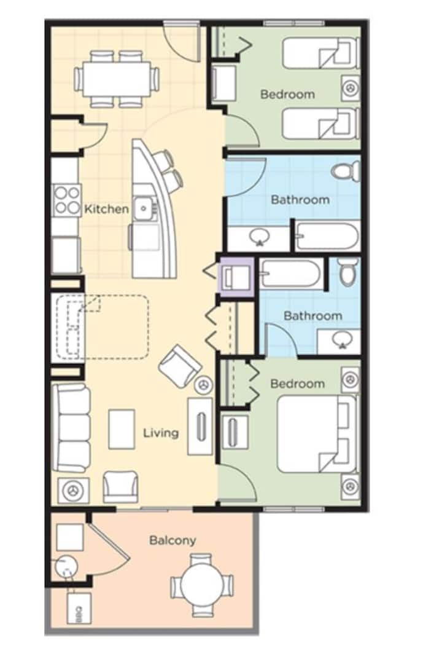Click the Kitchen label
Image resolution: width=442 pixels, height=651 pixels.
[x=107, y=208]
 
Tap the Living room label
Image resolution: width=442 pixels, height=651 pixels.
[x=161, y=433]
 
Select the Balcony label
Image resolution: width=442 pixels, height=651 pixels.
[x=173, y=540]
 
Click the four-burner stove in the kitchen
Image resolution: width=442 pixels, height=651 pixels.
[x=67, y=200]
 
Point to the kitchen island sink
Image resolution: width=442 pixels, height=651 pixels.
[x=144, y=208]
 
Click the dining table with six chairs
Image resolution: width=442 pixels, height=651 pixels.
[x=116, y=79]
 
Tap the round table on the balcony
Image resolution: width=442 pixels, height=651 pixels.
[x=202, y=585]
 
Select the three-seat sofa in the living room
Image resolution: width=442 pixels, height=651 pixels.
[x=71, y=428]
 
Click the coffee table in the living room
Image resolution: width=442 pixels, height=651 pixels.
[x=122, y=429]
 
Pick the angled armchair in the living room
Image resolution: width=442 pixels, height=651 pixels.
[x=180, y=366]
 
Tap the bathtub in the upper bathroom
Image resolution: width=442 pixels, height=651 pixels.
[x=327, y=237]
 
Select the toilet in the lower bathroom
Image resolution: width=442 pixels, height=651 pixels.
[x=348, y=272]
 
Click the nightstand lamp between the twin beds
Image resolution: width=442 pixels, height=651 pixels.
[x=351, y=88]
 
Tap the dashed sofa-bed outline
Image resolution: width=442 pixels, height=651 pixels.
[x=102, y=327]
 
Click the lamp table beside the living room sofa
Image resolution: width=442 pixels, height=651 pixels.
[x=73, y=491]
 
